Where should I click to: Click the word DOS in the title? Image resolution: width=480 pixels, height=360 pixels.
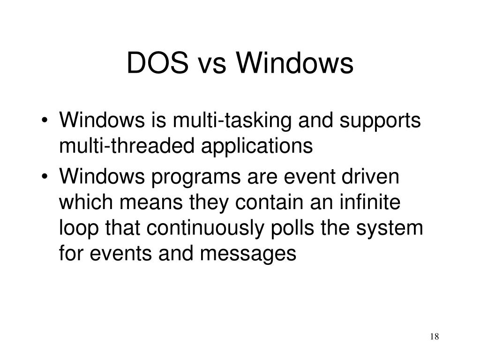point(157,64)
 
